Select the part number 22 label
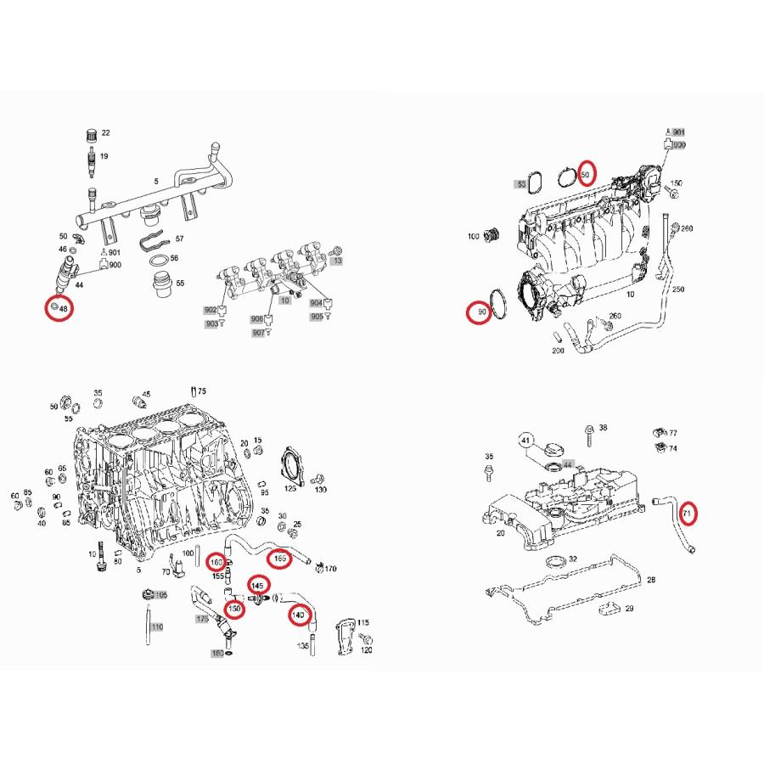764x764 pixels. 105,133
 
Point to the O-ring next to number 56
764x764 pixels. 154,258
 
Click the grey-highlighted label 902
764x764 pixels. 211,311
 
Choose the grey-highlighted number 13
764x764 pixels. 337,261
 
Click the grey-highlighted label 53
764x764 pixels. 521,183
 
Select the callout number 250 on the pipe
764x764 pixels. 677,289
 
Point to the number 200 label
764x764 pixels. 558,351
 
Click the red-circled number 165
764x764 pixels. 278,559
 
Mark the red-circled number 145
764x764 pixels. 257,586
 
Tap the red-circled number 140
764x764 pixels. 298,614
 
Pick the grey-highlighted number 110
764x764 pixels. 155,627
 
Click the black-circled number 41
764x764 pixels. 526,441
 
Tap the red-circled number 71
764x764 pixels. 688,514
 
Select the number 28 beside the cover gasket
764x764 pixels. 651,580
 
